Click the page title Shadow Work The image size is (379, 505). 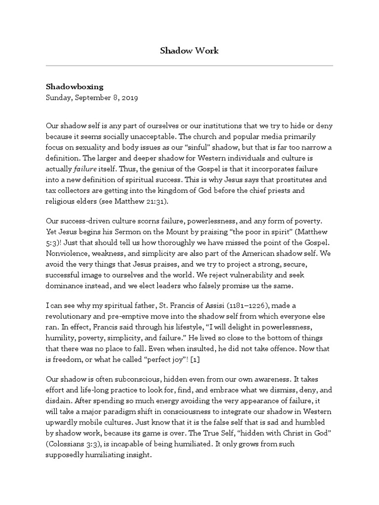click(x=189, y=51)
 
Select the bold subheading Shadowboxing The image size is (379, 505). click(x=74, y=87)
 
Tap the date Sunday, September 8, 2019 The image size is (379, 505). click(x=91, y=98)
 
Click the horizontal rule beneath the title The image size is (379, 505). click(x=189, y=66)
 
